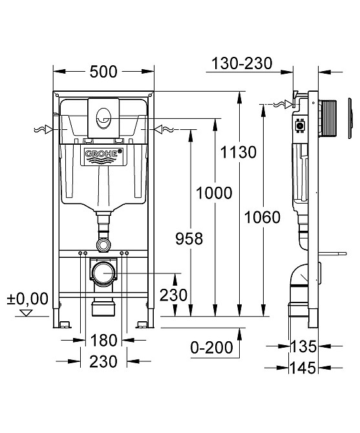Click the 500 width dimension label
tap(103, 72)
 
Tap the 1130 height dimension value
tap(238, 152)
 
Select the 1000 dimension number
tap(214, 193)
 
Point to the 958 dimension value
tap(189, 238)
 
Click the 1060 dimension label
tap(262, 217)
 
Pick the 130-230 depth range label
tap(242, 63)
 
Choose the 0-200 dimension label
tap(212, 348)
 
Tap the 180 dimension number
tap(103, 340)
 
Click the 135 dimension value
tap(303, 346)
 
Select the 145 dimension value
tap(303, 368)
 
